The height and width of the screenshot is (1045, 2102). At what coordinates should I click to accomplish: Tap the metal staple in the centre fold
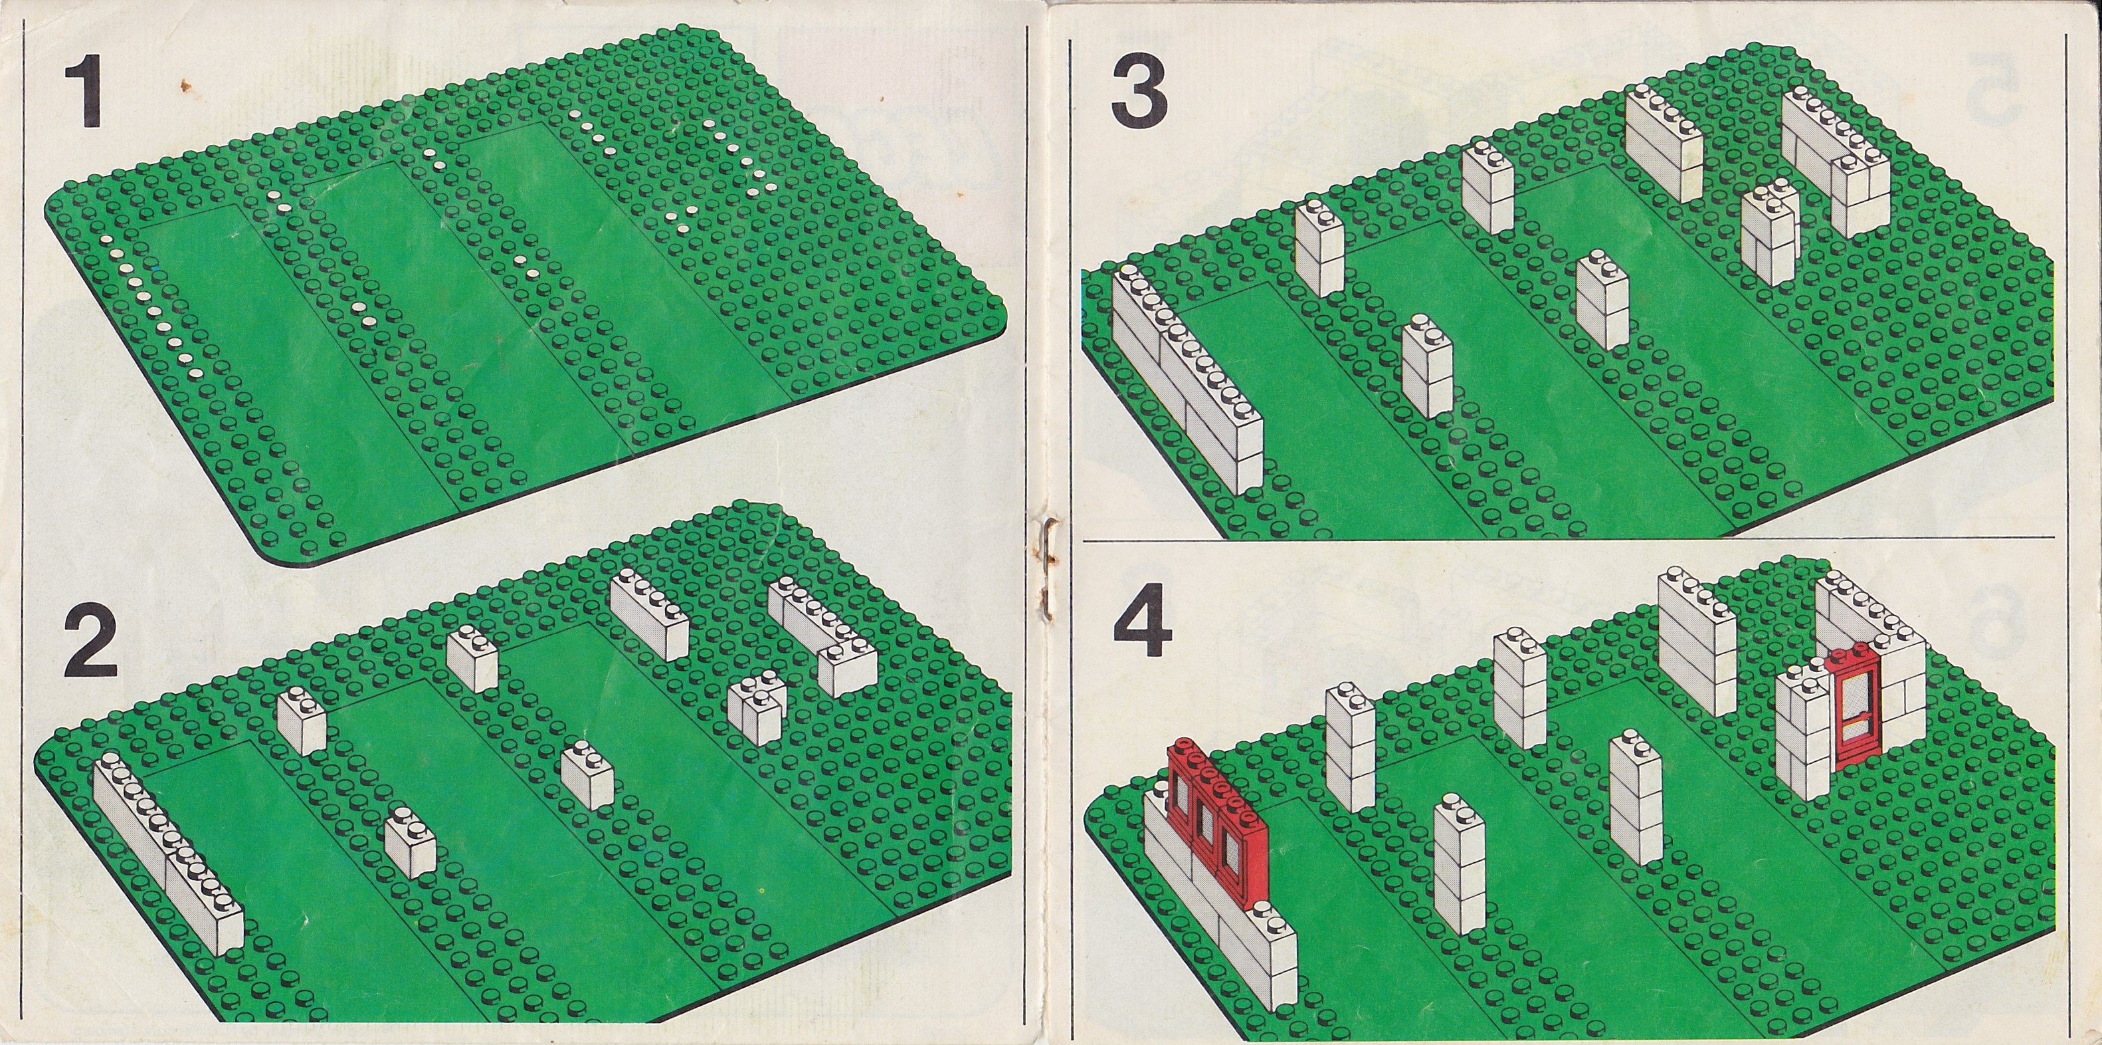(x=1044, y=563)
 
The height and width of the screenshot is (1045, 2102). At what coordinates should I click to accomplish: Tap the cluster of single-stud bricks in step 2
(x=755, y=706)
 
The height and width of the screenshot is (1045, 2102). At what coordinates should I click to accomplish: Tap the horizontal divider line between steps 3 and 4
(x=1567, y=539)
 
